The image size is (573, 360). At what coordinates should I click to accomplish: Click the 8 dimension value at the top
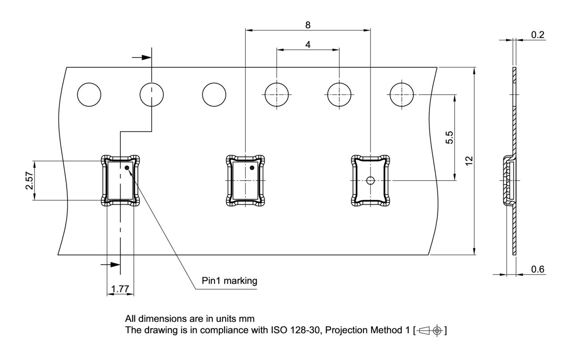click(x=308, y=25)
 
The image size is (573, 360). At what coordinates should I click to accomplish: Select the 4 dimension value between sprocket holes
click(x=308, y=45)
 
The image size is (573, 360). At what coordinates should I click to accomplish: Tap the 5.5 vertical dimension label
click(x=449, y=137)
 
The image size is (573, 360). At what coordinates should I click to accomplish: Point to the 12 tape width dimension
click(x=469, y=161)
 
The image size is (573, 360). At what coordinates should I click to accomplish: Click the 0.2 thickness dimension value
click(x=538, y=35)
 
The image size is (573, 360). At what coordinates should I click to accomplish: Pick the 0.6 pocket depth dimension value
click(x=538, y=269)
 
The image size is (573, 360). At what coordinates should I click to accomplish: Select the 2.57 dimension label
click(x=29, y=180)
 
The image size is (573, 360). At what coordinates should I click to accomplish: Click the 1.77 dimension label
click(x=120, y=289)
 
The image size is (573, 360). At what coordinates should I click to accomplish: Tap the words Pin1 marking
click(x=230, y=281)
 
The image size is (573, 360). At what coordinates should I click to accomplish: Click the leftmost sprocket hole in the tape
click(x=89, y=94)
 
